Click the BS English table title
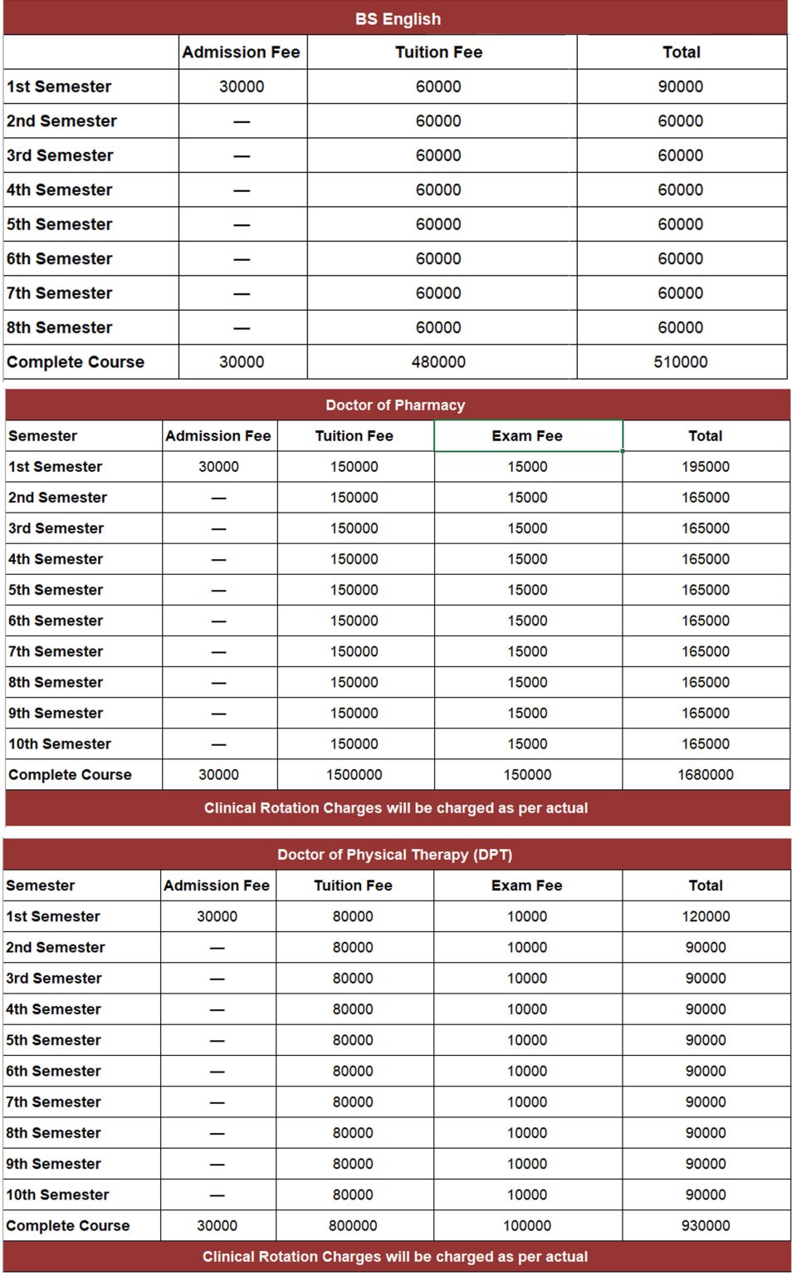pyautogui.click(x=398, y=18)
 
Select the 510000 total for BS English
pyautogui.click(x=680, y=362)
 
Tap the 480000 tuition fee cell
pyautogui.click(x=438, y=362)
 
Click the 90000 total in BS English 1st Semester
pyautogui.click(x=680, y=86)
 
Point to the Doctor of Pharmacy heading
pyautogui.click(x=395, y=405)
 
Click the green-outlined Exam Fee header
pyautogui.click(x=527, y=436)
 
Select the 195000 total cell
pyautogui.click(x=705, y=467)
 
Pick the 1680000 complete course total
pyautogui.click(x=705, y=775)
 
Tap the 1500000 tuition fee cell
pyautogui.click(x=354, y=775)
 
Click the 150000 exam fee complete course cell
pyautogui.click(x=527, y=775)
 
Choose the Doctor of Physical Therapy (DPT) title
pyautogui.click(x=394, y=855)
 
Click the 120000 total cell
pyautogui.click(x=705, y=916)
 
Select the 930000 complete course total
pyautogui.click(x=705, y=1225)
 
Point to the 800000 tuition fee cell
pyautogui.click(x=353, y=1225)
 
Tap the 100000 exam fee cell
pyautogui.click(x=527, y=1225)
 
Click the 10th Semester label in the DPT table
pyautogui.click(x=57, y=1195)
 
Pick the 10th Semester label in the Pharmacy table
pyautogui.click(x=59, y=744)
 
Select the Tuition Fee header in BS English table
pyautogui.click(x=438, y=52)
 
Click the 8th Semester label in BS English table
pyautogui.click(x=59, y=328)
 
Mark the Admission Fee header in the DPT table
pyautogui.click(x=217, y=886)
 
